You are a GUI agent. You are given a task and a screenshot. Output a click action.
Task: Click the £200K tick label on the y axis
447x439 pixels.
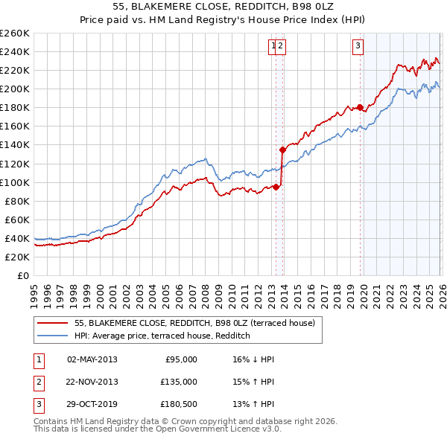point(15,89)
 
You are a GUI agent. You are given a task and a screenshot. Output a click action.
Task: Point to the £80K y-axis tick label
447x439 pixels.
point(17,201)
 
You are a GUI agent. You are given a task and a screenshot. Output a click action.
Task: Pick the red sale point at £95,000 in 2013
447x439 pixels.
point(276,187)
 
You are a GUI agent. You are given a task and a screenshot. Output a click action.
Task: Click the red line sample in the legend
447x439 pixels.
point(52,323)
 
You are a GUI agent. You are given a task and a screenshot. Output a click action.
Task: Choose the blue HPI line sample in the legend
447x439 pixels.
point(52,336)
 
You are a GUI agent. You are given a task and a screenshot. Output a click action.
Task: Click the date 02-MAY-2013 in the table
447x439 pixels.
point(92,359)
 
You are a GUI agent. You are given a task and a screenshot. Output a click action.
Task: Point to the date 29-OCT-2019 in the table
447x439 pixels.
point(92,405)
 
